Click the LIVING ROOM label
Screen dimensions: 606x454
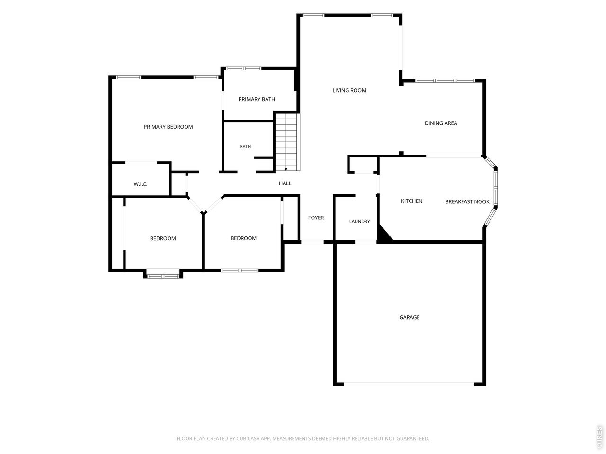coord(349,90)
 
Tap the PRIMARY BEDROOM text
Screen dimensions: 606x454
coord(168,127)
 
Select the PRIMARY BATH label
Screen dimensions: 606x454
coord(257,99)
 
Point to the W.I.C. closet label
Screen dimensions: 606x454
coord(141,184)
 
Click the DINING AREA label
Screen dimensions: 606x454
coord(441,123)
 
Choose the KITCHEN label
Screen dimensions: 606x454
coord(411,201)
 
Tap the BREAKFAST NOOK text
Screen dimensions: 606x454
coord(467,202)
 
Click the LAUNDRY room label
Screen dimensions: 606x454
coord(359,221)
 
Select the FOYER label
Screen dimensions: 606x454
coord(316,218)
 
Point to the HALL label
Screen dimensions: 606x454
coord(285,183)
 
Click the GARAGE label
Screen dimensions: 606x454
coord(410,317)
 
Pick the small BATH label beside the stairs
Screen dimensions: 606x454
coord(245,147)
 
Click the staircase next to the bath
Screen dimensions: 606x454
coord(287,142)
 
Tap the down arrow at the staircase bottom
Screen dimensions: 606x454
coord(286,169)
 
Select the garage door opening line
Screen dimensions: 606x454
coord(409,382)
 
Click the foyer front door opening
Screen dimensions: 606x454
coord(312,242)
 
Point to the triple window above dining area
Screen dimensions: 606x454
coord(445,81)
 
